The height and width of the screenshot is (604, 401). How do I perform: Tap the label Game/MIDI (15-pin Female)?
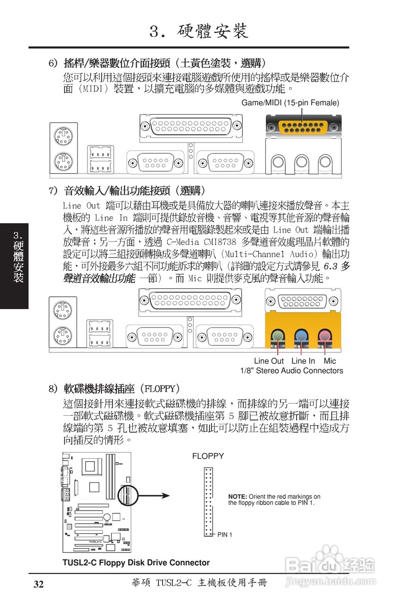click(290, 103)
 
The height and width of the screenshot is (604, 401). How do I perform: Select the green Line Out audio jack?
click(278, 336)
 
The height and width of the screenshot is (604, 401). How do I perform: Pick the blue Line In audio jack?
click(301, 336)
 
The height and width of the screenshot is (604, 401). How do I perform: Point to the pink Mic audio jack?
click(324, 336)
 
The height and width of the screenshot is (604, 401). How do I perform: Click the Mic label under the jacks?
click(330, 361)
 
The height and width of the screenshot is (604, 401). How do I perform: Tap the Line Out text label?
click(269, 361)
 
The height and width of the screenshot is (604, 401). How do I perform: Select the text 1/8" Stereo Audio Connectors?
click(291, 371)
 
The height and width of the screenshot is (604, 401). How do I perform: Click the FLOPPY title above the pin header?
click(208, 456)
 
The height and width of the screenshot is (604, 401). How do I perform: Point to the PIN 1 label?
click(225, 535)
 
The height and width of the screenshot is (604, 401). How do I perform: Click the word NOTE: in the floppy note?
click(238, 496)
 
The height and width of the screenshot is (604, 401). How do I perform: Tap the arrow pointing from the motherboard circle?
click(154, 495)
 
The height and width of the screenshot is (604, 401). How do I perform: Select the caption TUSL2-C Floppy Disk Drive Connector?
click(136, 562)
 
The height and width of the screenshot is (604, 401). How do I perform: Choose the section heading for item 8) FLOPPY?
click(115, 389)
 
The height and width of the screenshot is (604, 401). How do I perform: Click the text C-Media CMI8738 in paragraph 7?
click(202, 242)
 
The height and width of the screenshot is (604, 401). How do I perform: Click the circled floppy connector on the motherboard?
click(126, 495)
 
